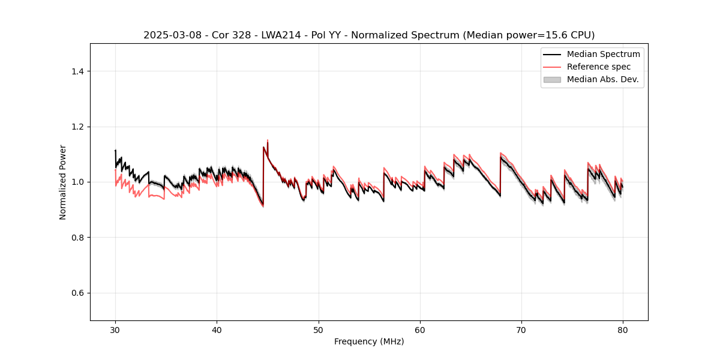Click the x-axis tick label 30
pyautogui.click(x=115, y=330)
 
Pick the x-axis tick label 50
pyautogui.click(x=319, y=330)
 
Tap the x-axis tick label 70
pyautogui.click(x=521, y=330)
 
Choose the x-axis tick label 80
pyautogui.click(x=623, y=330)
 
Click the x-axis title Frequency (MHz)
pyautogui.click(x=369, y=341)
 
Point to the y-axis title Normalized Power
pyautogui.click(x=63, y=182)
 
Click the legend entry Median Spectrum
pyautogui.click(x=603, y=54)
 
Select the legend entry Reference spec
pyautogui.click(x=599, y=67)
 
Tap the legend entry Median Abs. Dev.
pyautogui.click(x=603, y=79)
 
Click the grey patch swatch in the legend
pyautogui.click(x=552, y=79)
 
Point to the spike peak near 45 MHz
pyautogui.click(x=268, y=140)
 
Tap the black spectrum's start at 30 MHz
pyautogui.click(x=115, y=151)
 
